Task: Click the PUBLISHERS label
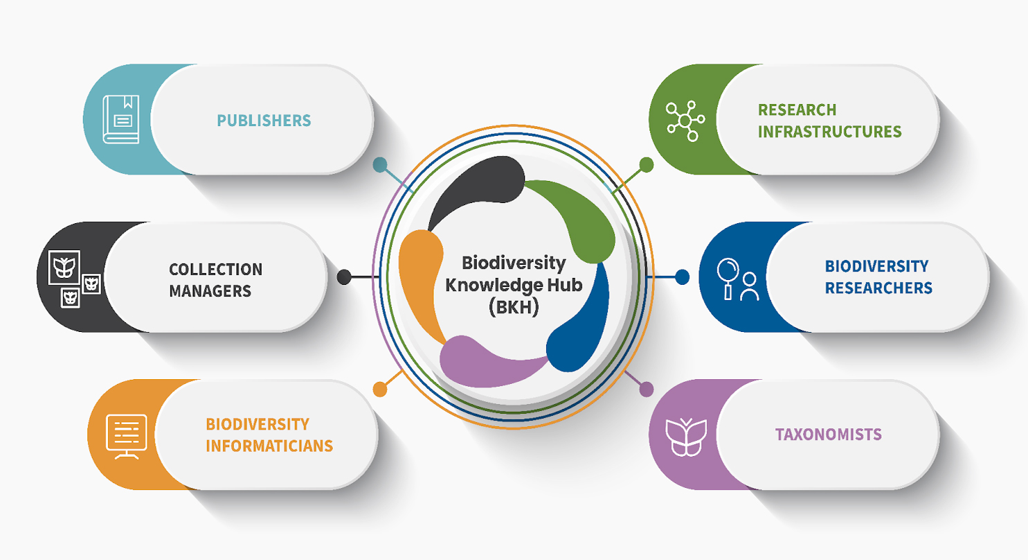tap(264, 121)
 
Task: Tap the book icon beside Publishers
tap(121, 119)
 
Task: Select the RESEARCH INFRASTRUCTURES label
tap(829, 121)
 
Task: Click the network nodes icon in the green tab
tap(685, 121)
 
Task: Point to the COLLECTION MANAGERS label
tap(215, 279)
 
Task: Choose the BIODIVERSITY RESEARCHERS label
tap(878, 277)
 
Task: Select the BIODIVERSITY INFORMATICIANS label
tap(269, 435)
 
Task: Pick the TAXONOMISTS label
tap(828, 435)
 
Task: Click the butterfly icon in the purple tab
tap(685, 437)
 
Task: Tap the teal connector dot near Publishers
tap(379, 165)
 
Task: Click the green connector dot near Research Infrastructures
tap(646, 164)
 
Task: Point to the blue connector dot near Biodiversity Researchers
tap(682, 277)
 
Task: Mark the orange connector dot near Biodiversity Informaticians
tap(379, 390)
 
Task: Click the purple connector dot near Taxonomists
tap(646, 390)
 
